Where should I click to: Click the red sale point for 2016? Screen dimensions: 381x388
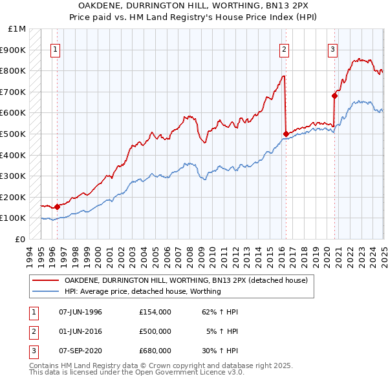pos(286,134)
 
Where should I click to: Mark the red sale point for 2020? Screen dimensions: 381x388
pos(334,96)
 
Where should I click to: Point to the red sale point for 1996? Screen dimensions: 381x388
pos(57,207)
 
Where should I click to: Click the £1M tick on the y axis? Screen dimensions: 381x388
pos(17,29)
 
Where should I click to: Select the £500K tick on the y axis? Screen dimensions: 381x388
pos(14,134)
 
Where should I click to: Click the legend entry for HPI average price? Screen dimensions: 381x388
pos(142,291)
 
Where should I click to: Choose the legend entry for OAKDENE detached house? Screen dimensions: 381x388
pos(189,280)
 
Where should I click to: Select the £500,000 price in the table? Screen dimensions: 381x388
pos(155,331)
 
